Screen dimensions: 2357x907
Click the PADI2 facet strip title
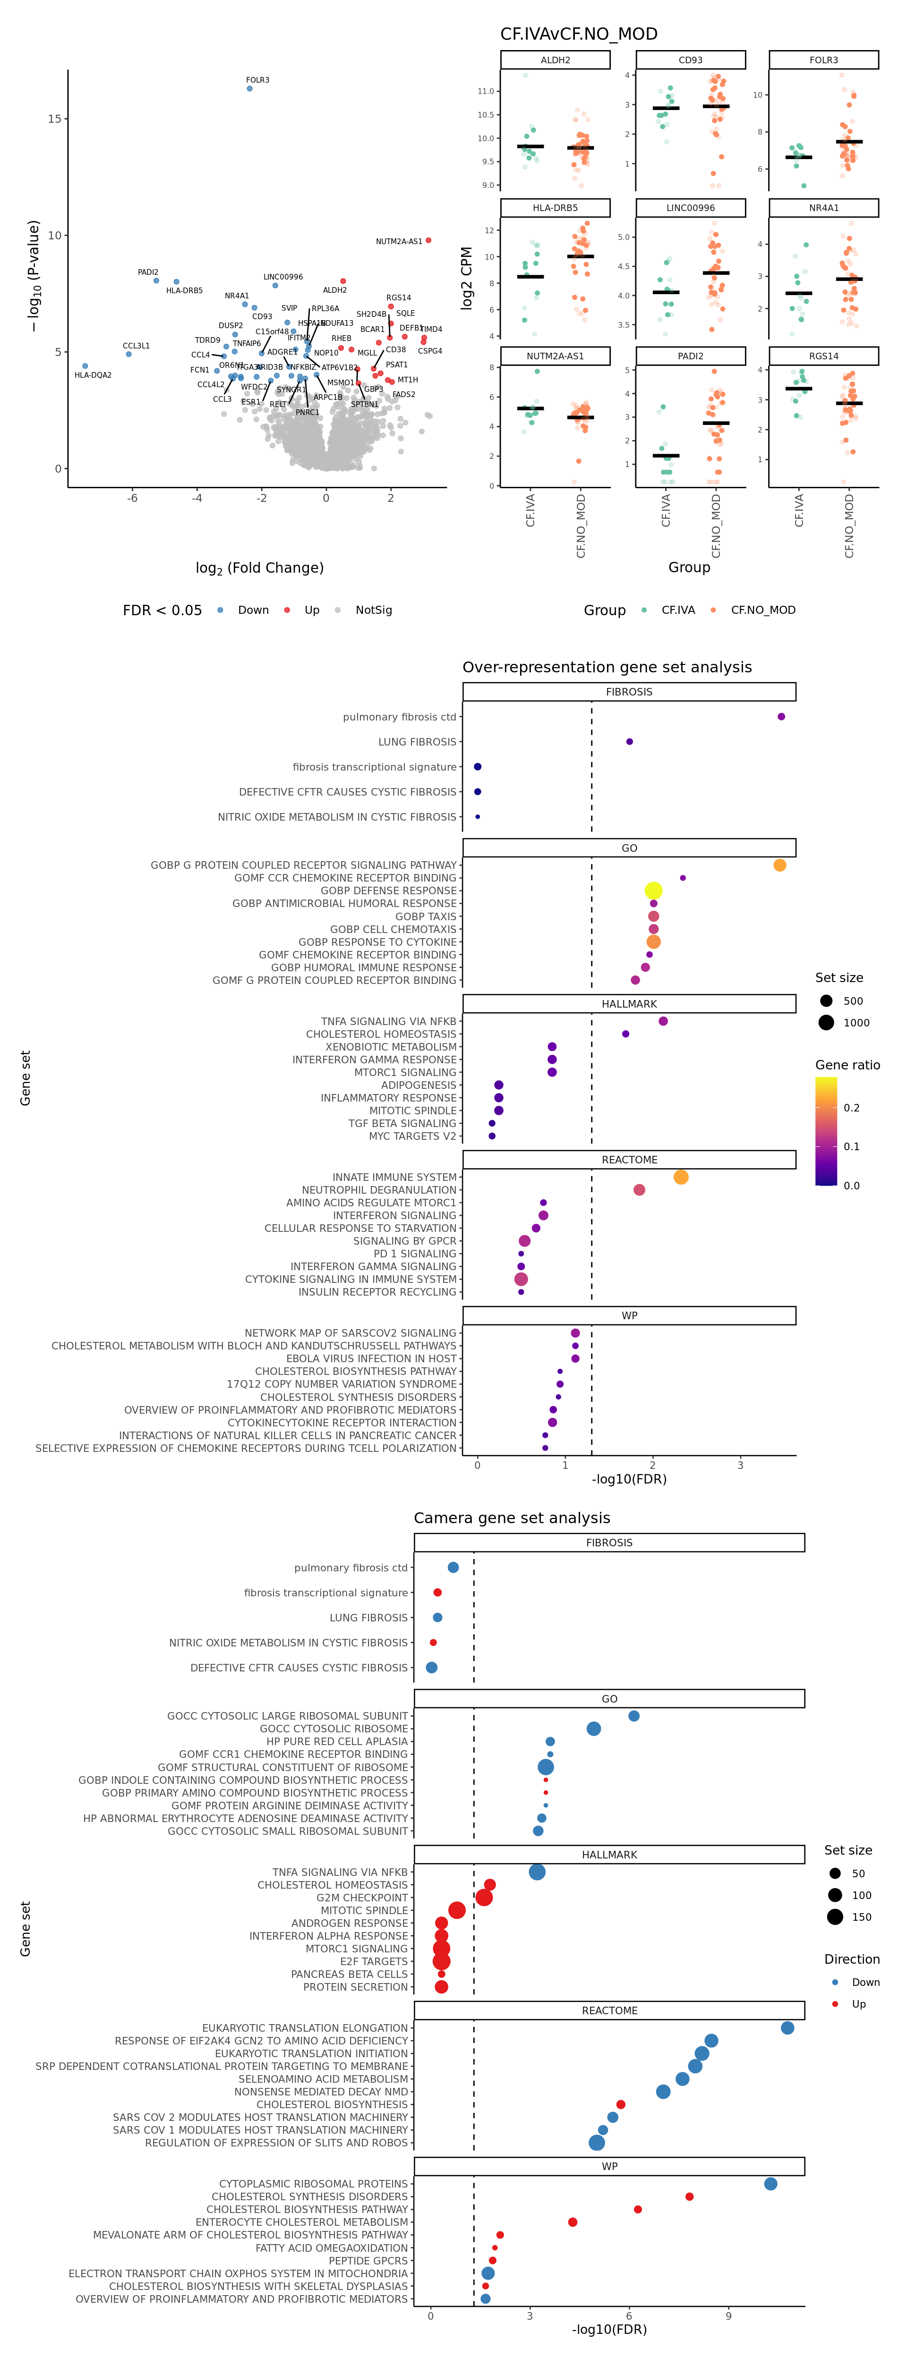[690, 356]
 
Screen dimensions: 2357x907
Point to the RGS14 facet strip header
[824, 356]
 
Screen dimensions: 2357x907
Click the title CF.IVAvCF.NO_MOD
[578, 34]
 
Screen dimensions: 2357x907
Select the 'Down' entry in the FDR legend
[253, 610]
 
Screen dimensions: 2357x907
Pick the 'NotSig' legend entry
[373, 610]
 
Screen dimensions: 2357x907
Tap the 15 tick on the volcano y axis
[55, 119]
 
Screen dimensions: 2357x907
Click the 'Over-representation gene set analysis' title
[607, 667]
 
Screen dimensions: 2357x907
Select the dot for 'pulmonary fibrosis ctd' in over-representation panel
[781, 716]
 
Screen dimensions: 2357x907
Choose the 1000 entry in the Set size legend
[856, 1023]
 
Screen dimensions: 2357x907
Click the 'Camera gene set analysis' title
[512, 1518]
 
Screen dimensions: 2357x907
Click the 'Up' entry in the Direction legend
[858, 2004]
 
